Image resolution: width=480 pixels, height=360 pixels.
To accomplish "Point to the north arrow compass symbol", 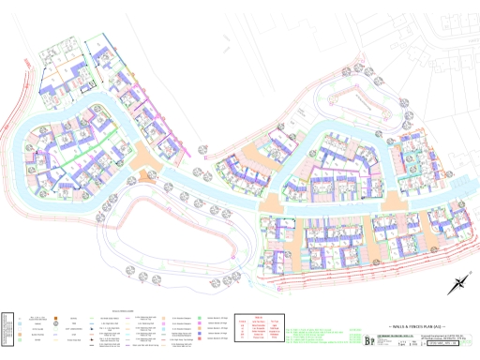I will (460, 283).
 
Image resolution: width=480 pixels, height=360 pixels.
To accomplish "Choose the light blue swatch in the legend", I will (21, 320).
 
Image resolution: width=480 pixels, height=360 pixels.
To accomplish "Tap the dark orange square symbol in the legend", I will (57, 319).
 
